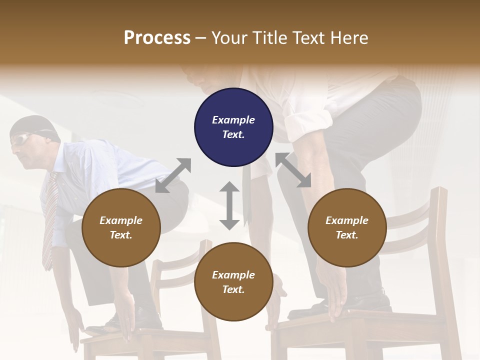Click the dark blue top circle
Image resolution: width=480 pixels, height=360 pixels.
233,127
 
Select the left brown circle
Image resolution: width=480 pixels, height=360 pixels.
121,228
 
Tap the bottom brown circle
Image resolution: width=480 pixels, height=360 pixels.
233,282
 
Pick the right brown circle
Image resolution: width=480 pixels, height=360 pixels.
347,228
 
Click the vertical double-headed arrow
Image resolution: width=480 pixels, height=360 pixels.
229,205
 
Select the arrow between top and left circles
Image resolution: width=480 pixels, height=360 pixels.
173,175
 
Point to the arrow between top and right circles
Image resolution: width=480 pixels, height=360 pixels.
293,170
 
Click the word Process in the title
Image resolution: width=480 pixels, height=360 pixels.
157,37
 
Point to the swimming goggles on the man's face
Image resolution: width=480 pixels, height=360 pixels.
21,140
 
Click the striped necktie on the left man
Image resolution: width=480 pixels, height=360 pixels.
49,220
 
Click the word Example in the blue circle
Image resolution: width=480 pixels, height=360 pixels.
233,120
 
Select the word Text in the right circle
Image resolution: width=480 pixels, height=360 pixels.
347,235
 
